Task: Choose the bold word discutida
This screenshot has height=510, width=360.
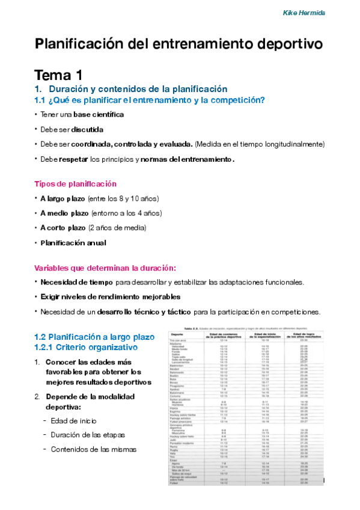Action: [88, 129]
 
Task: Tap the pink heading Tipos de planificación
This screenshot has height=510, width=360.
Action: [75, 184]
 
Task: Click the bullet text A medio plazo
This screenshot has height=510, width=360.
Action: [64, 213]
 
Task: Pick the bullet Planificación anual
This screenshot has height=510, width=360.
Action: [73, 243]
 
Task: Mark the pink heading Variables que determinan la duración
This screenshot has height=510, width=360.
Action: [105, 268]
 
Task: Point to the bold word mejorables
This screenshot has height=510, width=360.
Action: [160, 296]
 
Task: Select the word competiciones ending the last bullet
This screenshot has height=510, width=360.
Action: [290, 312]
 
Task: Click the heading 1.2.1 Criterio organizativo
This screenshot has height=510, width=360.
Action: [86, 348]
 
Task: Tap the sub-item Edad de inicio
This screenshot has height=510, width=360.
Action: [74, 420]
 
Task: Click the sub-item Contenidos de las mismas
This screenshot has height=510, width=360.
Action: [93, 449]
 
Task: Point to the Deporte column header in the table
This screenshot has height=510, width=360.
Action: [177, 334]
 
